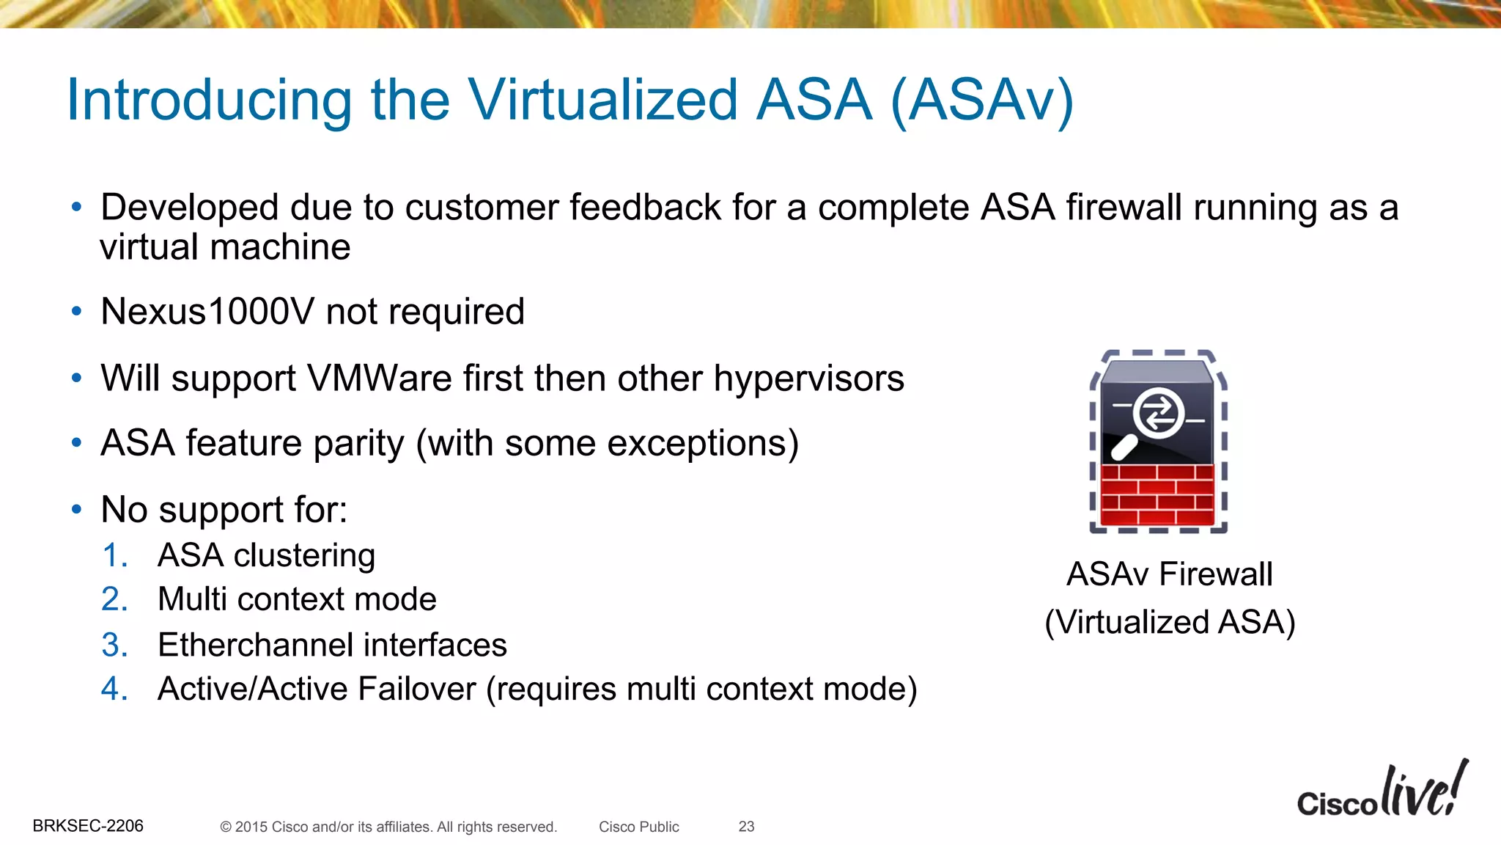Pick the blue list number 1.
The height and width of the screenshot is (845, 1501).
(x=114, y=555)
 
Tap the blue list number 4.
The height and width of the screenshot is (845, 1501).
(x=114, y=689)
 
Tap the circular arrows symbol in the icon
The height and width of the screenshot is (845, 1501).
(x=1158, y=414)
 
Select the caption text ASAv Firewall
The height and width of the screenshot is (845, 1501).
(x=1169, y=574)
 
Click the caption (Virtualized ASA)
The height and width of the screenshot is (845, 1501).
(x=1170, y=622)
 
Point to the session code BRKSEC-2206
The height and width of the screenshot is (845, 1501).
(x=88, y=826)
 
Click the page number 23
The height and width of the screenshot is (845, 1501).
(x=746, y=827)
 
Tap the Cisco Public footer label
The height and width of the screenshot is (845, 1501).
(x=638, y=827)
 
